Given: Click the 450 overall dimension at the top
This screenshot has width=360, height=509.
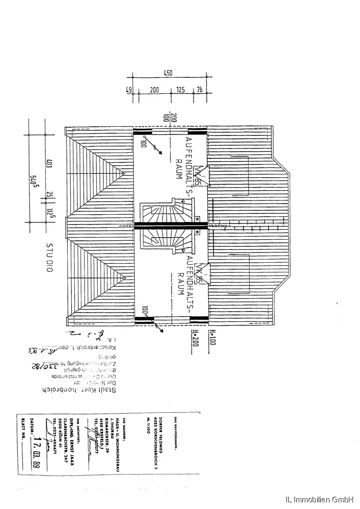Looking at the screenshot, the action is tap(168, 73).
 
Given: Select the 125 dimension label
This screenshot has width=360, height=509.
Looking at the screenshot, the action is tap(180, 90).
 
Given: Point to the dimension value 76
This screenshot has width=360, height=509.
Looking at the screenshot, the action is tap(199, 90).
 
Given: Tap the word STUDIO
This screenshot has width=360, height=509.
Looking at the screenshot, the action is tap(50, 258).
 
